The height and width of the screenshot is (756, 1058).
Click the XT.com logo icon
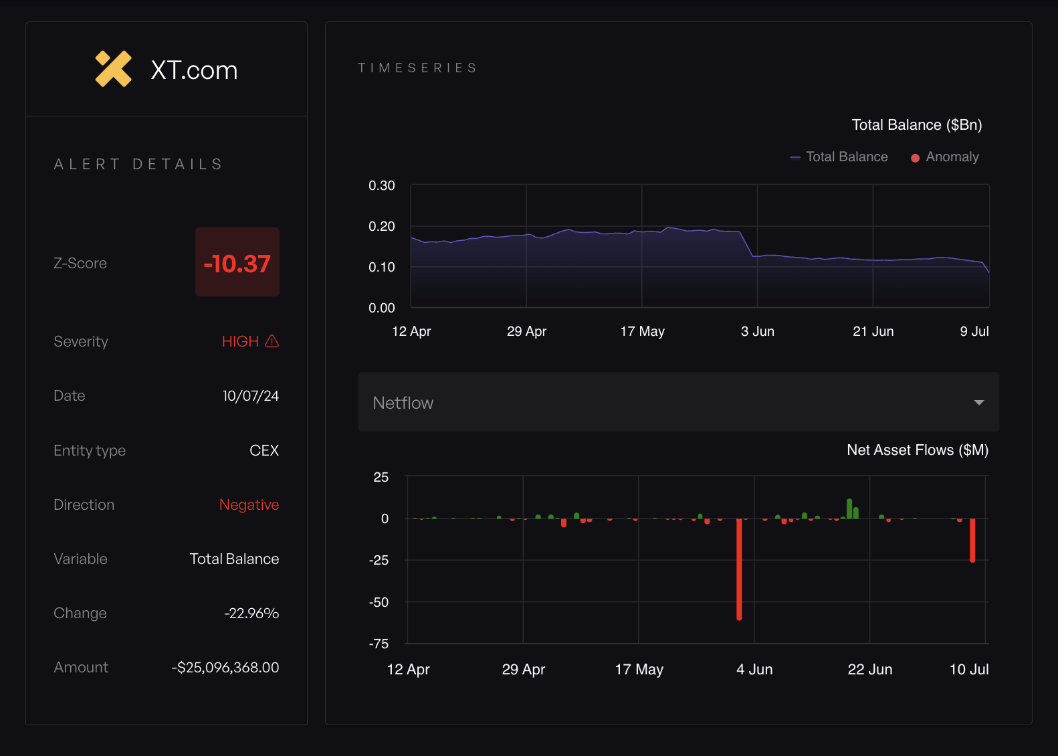[x=113, y=69]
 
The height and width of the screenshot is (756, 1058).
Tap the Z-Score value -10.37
[x=237, y=263]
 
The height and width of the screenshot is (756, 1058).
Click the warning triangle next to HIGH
[x=272, y=341]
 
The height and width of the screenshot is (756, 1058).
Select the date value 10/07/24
[x=250, y=396]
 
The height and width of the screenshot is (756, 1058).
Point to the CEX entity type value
[x=264, y=450]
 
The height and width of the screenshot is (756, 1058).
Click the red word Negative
[x=249, y=504]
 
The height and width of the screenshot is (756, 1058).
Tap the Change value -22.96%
[x=251, y=613]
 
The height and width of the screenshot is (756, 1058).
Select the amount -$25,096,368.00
[x=225, y=667]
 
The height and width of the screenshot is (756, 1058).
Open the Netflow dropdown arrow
[x=978, y=403]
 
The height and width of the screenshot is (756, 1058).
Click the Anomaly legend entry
[x=945, y=157]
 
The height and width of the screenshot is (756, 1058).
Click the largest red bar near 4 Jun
[x=739, y=569]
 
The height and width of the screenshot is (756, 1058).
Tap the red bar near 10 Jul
[x=972, y=540]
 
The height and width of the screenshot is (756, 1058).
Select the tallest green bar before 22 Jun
[x=849, y=508]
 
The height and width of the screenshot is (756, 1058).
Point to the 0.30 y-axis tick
[x=382, y=185]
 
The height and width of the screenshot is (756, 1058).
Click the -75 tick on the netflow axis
[x=379, y=644]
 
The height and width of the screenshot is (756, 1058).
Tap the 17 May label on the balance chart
[x=642, y=331]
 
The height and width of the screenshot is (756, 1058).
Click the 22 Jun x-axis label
[x=869, y=669]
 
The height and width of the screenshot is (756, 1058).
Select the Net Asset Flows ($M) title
[x=918, y=450]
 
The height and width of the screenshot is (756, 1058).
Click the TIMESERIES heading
[x=417, y=68]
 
